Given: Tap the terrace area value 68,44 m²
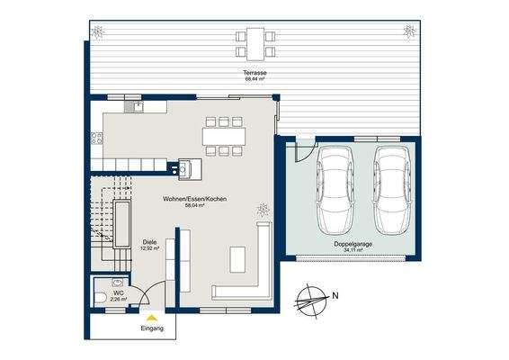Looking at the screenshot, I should [x=255, y=78].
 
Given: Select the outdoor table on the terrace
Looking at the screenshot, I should [x=255, y=40].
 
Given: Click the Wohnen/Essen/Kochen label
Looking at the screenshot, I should [x=194, y=198].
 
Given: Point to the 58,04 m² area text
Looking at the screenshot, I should [x=194, y=205].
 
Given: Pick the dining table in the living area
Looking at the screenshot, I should [x=224, y=136].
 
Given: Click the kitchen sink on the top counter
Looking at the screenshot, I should [x=139, y=106].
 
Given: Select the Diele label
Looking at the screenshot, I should [x=149, y=241].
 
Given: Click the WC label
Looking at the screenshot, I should [x=118, y=292].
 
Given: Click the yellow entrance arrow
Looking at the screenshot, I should [x=152, y=317].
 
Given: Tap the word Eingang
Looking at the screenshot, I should [x=152, y=329].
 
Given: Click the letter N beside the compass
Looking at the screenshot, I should [x=335, y=294].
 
